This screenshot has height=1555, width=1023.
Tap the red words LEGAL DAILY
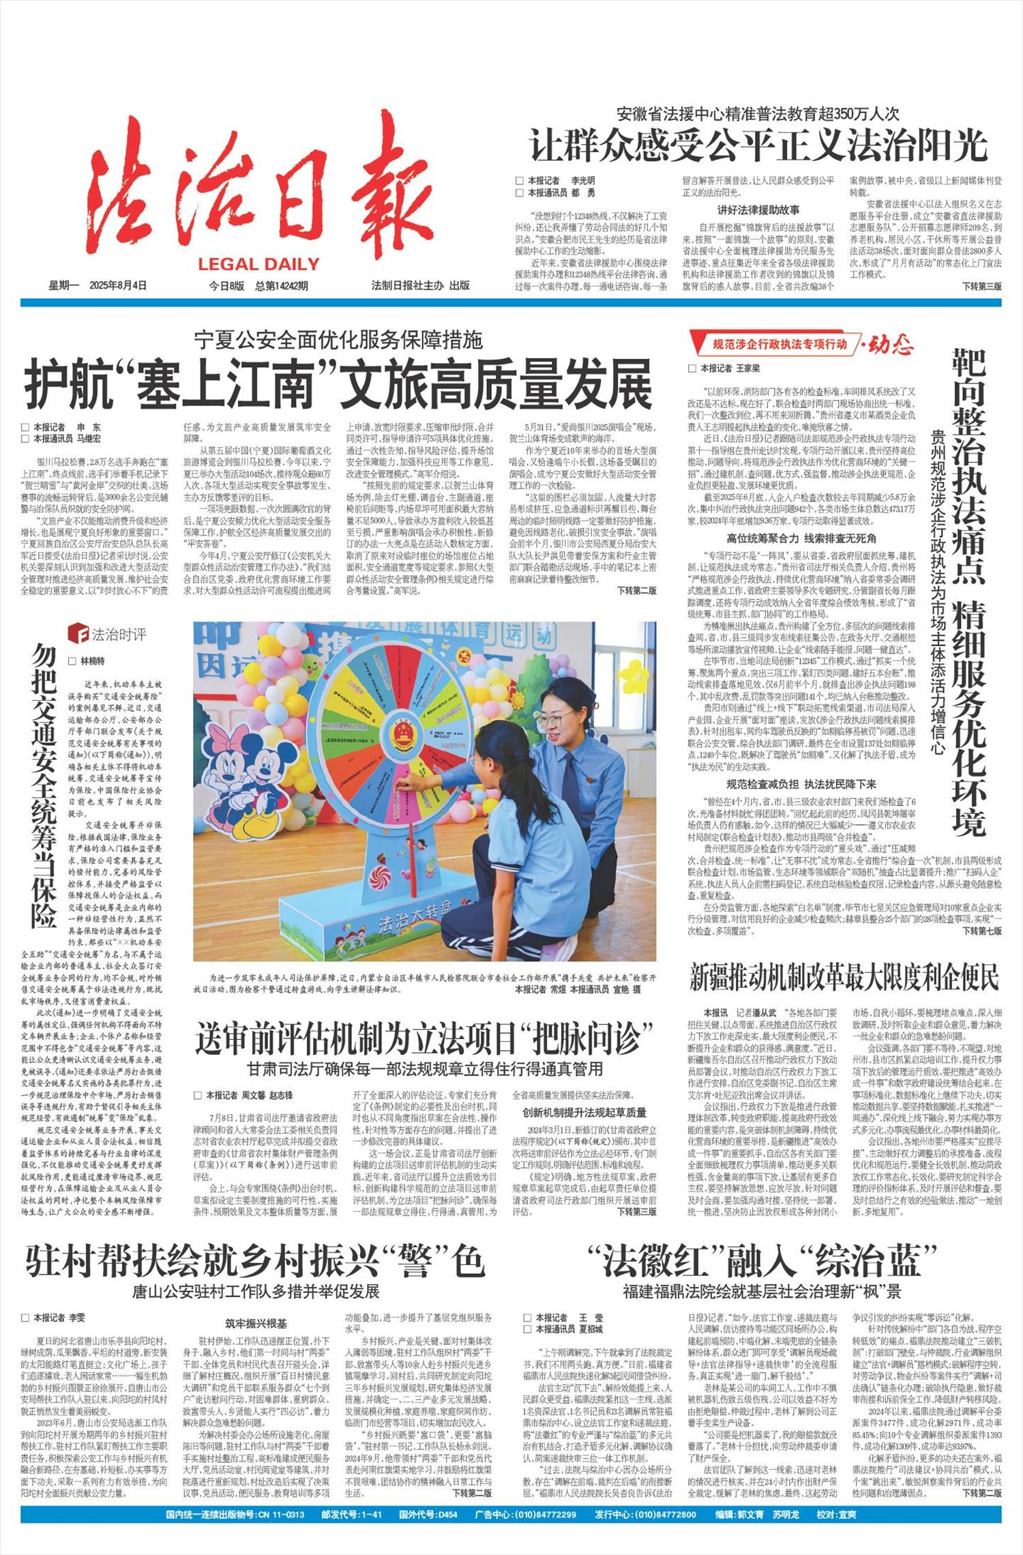[x=258, y=265]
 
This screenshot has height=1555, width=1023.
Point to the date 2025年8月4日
[x=117, y=286]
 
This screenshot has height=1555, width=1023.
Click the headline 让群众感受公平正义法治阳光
[x=758, y=145]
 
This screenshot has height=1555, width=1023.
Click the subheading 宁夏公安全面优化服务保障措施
[x=338, y=339]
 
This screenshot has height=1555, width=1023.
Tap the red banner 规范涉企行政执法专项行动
[x=779, y=344]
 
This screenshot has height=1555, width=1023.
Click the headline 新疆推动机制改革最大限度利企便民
[x=844, y=978]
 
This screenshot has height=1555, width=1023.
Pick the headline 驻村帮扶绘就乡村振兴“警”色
[x=254, y=1260]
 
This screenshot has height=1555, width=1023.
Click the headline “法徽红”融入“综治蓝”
[x=762, y=1260]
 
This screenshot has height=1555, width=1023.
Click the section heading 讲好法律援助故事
[x=758, y=210]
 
